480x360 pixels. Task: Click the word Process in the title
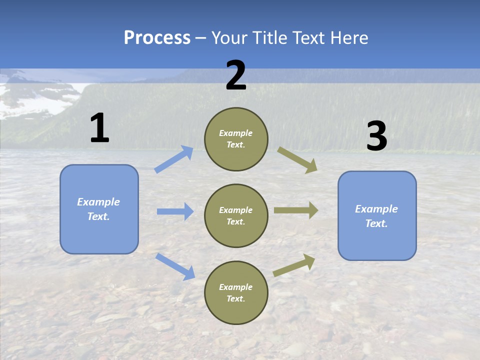(157, 38)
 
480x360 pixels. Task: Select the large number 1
(99, 128)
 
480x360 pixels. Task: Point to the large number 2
(236, 75)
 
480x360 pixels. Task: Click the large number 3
(376, 136)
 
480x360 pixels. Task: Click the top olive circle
(236, 139)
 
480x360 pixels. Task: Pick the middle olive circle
(236, 215)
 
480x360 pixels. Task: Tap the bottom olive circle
(236, 293)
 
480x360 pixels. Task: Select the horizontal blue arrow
(175, 211)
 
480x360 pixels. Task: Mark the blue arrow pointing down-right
(175, 266)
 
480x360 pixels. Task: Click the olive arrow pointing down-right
(297, 159)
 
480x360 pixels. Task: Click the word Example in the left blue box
(98, 202)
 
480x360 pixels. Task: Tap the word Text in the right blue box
(376, 223)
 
